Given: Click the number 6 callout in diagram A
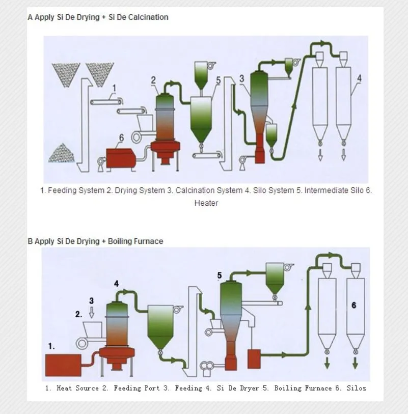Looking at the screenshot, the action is pyautogui.click(x=121, y=137).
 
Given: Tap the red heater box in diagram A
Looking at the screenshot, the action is pyautogui.click(x=121, y=158).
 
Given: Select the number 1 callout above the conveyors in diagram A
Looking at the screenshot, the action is pyautogui.click(x=114, y=88).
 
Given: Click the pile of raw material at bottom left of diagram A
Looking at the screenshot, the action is pyautogui.click(x=61, y=153).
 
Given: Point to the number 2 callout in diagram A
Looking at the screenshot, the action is pyautogui.click(x=153, y=80).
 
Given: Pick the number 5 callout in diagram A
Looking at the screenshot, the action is pyautogui.click(x=218, y=80).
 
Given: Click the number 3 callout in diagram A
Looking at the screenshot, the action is pyautogui.click(x=241, y=78).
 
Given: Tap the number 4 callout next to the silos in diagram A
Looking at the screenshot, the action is pyautogui.click(x=359, y=78).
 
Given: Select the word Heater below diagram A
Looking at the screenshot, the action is pyautogui.click(x=206, y=203).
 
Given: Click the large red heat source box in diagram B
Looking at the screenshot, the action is pyautogui.click(x=63, y=365).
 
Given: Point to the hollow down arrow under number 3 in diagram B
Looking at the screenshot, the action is pyautogui.click(x=92, y=312).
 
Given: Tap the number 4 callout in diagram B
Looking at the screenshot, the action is pyautogui.click(x=116, y=284).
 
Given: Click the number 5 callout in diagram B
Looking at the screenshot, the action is pyautogui.click(x=219, y=275).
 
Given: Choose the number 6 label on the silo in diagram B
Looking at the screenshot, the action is pyautogui.click(x=354, y=305).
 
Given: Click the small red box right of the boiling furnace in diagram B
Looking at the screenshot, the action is pyautogui.click(x=254, y=359).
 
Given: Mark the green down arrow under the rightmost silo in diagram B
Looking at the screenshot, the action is pyautogui.click(x=355, y=363).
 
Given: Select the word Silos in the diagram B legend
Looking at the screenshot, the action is pyautogui.click(x=356, y=388).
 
